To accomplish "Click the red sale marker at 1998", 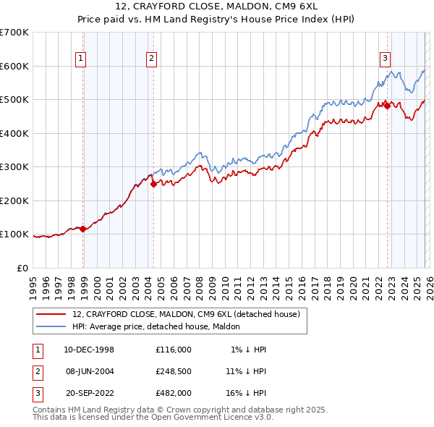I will click(x=83, y=229).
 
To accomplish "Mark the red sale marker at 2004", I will click(x=153, y=185).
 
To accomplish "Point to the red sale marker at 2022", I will click(x=387, y=106).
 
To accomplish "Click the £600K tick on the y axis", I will click(x=14, y=66).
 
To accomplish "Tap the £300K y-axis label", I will click(x=14, y=167).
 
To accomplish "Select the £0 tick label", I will click(x=22, y=268).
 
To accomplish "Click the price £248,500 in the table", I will click(x=173, y=371).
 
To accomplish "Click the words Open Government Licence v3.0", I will click(x=216, y=418).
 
